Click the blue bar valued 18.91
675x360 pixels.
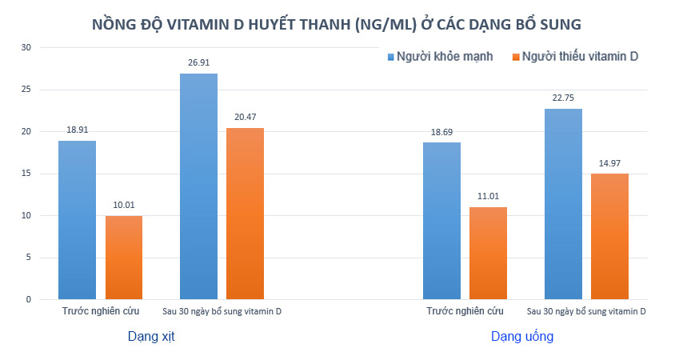pos(77,220)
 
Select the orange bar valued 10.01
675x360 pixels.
pos(124,258)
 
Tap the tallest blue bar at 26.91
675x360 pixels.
pos(198,186)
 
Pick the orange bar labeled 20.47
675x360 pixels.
pos(245,214)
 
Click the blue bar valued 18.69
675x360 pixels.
pos(441,221)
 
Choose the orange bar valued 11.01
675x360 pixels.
pos(488,253)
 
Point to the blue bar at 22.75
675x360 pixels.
pos(564,204)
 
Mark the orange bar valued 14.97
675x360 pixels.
pos(609,237)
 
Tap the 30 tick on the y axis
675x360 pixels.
pos(26,48)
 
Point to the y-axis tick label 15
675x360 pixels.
pos(26,174)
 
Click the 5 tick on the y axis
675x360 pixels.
pos(28,258)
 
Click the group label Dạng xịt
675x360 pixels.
pos(151,337)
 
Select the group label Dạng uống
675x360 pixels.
pos(522,337)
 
